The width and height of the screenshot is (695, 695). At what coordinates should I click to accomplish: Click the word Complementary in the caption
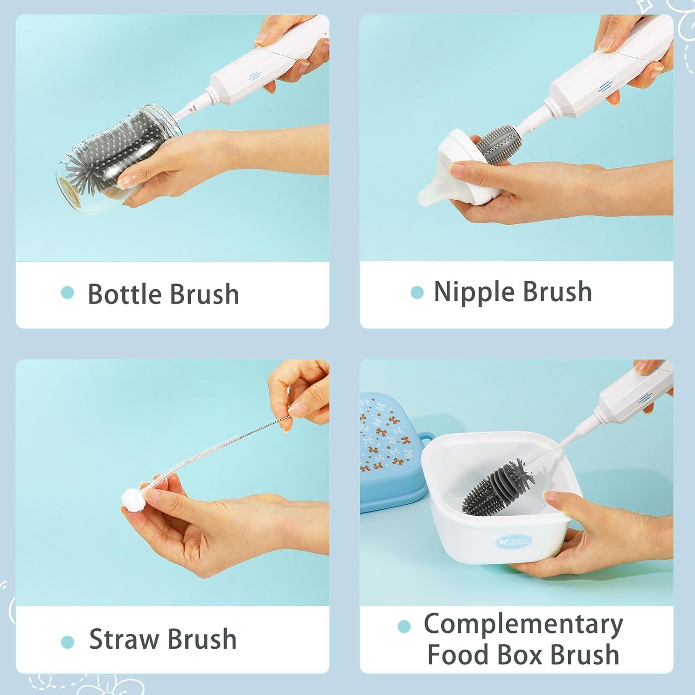pos(523,624)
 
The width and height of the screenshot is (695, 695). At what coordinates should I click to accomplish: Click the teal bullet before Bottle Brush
pos(68,293)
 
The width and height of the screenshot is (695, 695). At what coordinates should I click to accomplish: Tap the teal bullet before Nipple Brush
pos(417,292)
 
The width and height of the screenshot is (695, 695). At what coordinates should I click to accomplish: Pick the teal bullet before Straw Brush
pos(68,642)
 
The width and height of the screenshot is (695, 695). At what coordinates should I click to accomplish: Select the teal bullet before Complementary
pos(404,626)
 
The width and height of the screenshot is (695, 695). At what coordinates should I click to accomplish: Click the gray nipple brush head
pos(496,144)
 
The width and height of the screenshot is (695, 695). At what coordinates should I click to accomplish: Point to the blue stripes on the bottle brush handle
pos(253,77)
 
